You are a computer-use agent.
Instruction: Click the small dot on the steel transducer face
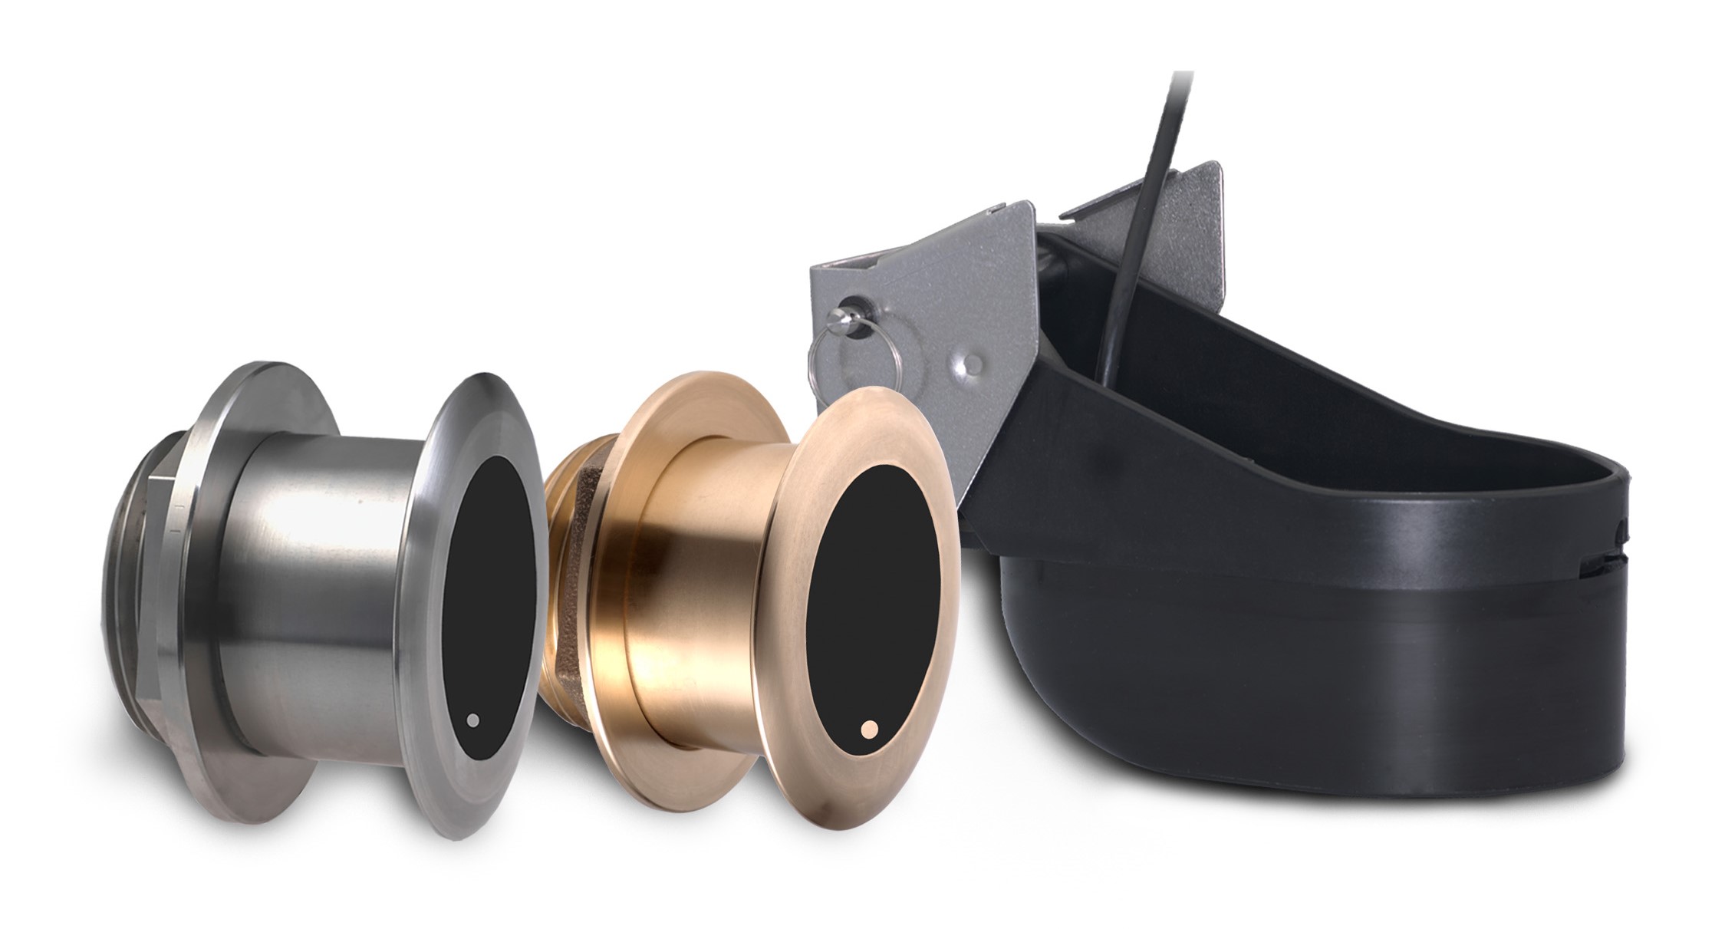[473, 720]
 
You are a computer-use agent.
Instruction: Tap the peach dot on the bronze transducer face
[868, 730]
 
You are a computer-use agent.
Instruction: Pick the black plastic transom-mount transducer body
[1342, 652]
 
